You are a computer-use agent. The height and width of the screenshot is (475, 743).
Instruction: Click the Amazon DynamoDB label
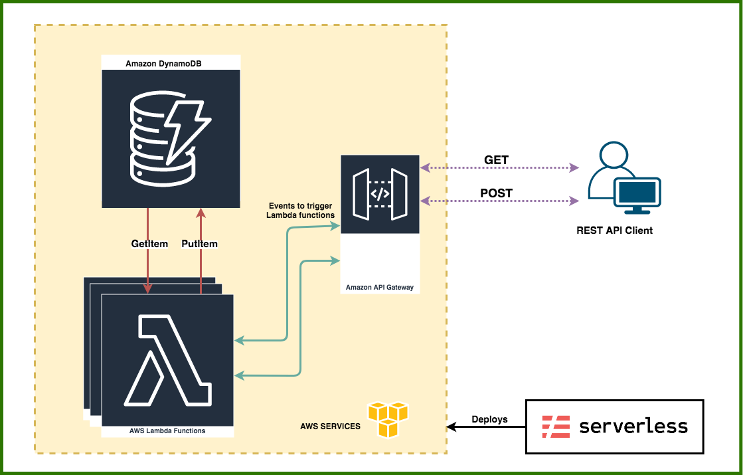[163, 64]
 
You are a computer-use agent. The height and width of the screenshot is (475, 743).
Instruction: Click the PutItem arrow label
[199, 244]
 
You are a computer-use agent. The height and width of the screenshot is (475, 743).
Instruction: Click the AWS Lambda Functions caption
[167, 430]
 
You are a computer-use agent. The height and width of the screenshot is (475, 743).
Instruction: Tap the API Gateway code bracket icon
[379, 195]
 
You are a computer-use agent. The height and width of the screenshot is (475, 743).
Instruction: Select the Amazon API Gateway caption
[380, 288]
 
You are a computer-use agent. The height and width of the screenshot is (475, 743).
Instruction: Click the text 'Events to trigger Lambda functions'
[300, 211]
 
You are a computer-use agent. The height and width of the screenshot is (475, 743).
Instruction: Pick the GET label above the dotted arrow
[496, 160]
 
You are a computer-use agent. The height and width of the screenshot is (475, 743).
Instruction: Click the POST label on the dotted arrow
[496, 193]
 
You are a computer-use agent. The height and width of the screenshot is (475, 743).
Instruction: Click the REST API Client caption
[614, 231]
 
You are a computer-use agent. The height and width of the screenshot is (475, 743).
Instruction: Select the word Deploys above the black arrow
[489, 419]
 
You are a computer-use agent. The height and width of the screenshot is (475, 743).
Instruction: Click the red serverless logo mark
[555, 427]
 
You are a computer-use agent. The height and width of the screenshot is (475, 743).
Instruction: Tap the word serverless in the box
[633, 427]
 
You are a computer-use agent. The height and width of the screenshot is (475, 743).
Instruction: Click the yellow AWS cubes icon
[388, 419]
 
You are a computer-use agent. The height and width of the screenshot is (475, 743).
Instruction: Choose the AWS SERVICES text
[330, 426]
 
